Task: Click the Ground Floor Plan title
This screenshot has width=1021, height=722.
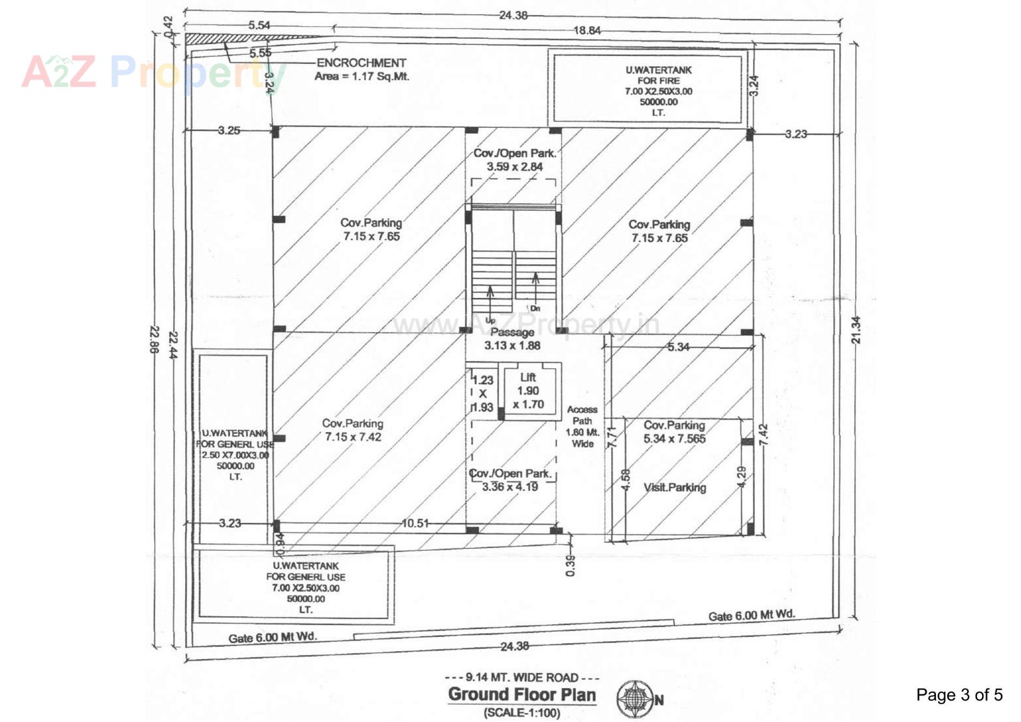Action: point(522,694)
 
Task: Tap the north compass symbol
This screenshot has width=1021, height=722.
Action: point(636,699)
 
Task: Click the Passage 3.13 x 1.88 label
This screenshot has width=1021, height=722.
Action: point(512,339)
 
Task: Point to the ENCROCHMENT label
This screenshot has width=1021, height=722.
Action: point(361,63)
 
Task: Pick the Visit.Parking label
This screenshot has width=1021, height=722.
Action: point(675,487)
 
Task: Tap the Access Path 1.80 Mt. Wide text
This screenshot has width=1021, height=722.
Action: point(582,426)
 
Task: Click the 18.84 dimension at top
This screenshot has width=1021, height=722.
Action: point(587,31)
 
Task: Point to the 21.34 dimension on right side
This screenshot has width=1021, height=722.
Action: point(856,330)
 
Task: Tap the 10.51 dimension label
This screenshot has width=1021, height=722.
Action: point(415,524)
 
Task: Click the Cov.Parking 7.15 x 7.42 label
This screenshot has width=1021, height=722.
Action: point(353,430)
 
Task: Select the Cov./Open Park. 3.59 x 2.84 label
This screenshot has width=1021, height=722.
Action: point(514,160)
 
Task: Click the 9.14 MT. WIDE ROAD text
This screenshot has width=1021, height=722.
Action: point(522,677)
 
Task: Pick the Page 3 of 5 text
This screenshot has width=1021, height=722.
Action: point(959,695)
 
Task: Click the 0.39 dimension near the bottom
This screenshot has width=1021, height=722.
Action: point(570,566)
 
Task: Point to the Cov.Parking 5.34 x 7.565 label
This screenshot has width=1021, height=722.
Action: point(674,432)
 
